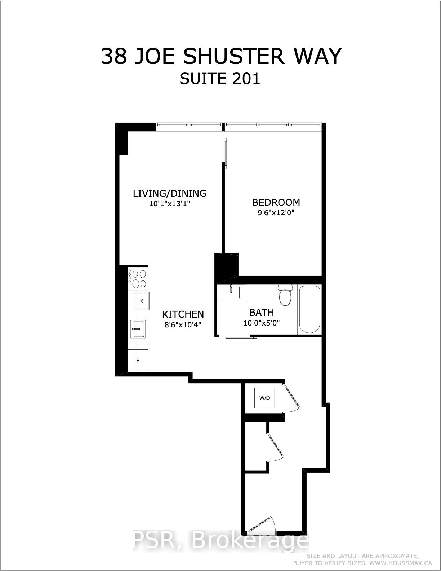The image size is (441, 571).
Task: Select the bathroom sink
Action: (231, 292)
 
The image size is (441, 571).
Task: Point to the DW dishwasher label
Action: (142, 301)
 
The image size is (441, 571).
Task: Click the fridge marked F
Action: (138, 360)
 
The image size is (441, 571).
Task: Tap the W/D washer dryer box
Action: (265, 398)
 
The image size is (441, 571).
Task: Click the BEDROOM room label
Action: (276, 202)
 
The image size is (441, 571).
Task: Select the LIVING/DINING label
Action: (170, 194)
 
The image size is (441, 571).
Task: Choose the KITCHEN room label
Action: (183, 314)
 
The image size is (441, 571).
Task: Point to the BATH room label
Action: (262, 312)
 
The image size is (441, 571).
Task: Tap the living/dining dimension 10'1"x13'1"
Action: (169, 204)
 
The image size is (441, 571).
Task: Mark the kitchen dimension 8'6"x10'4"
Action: (183, 324)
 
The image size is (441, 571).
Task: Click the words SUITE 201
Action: (220, 79)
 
